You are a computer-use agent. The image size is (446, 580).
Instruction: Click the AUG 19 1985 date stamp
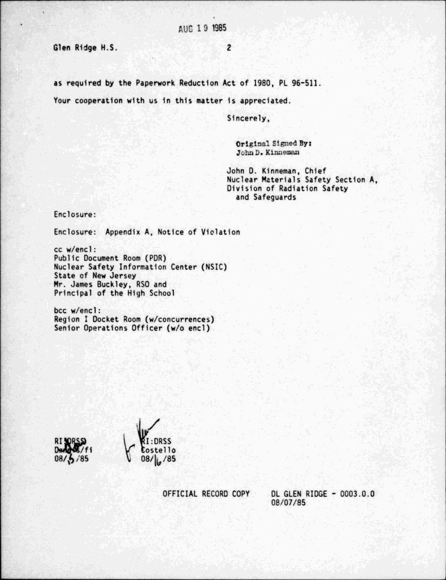click(x=194, y=30)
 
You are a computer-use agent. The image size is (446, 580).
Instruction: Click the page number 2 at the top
click(x=229, y=48)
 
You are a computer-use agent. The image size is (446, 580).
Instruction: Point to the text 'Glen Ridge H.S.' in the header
click(x=85, y=48)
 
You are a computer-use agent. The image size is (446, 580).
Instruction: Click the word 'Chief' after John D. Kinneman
click(x=315, y=170)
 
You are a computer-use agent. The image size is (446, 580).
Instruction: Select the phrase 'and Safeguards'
click(x=265, y=197)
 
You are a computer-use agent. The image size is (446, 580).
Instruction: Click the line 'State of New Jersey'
click(x=95, y=276)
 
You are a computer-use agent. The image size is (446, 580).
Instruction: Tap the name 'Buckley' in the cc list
click(x=118, y=284)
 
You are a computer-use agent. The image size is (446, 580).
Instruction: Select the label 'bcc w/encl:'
click(x=78, y=310)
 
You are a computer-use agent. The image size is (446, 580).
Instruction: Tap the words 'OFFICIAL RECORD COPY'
click(x=206, y=494)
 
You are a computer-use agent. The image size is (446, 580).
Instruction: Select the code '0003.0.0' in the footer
click(x=355, y=494)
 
